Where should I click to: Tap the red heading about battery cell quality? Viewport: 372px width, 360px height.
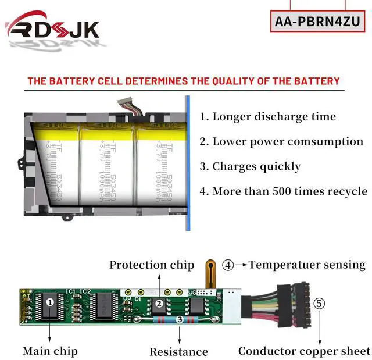184,81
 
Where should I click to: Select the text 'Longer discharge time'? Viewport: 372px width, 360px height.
268,116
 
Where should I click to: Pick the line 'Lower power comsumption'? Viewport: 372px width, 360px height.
281,141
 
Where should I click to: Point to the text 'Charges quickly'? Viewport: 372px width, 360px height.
251,166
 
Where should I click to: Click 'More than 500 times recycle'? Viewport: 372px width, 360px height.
283,191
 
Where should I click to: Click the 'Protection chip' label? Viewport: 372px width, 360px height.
152,265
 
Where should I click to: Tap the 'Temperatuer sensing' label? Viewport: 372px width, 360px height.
306,265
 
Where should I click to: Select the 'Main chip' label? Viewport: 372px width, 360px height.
50,351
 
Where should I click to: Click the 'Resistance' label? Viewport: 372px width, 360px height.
178,351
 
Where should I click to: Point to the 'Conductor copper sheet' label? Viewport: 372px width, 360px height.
303,351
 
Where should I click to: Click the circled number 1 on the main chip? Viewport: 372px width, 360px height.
50,302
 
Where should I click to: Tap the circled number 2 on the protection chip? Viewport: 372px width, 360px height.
158,302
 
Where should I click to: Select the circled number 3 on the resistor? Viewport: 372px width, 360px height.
179,319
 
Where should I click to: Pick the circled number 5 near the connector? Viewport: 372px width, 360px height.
320,303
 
